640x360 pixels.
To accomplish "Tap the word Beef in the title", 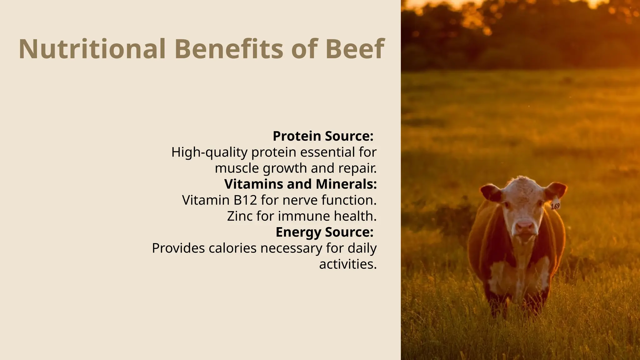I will click(354, 49).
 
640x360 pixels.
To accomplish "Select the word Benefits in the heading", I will click(228, 49).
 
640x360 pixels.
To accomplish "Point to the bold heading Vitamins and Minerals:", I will click(300, 184).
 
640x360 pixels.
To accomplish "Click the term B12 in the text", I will click(245, 200).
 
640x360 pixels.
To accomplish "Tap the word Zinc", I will click(240, 216).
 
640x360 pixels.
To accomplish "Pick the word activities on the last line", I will click(347, 264).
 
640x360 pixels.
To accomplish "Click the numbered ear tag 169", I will click(555, 205).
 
